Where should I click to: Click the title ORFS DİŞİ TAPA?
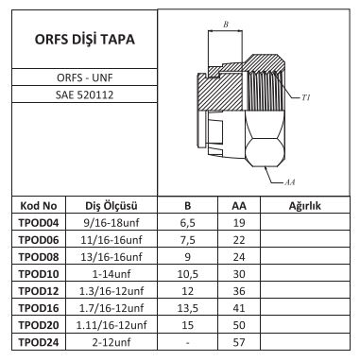click(x=84, y=40)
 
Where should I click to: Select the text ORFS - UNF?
click(x=84, y=77)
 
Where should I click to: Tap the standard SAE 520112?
click(x=84, y=95)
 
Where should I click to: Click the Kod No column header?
click(x=39, y=206)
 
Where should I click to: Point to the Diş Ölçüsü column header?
click(x=111, y=206)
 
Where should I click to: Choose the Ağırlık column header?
click(x=304, y=206)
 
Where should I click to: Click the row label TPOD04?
click(x=39, y=223)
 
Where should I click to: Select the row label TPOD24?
click(x=39, y=342)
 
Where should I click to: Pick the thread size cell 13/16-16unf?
click(x=111, y=257)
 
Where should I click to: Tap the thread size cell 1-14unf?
click(x=111, y=274)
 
